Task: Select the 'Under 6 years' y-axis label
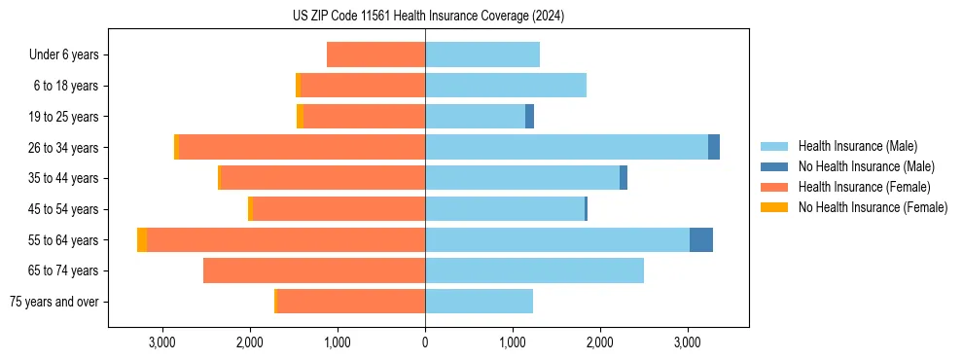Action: (x=64, y=55)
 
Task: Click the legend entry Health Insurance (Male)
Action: (x=857, y=146)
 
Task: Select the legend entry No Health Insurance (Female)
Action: (x=873, y=207)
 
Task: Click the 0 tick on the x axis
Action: (x=425, y=342)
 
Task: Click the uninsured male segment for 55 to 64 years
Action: (x=701, y=239)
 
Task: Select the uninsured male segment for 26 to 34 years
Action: (x=714, y=147)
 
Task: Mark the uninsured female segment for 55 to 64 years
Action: (x=142, y=239)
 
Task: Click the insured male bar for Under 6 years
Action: (x=482, y=54)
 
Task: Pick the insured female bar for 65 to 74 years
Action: (x=314, y=270)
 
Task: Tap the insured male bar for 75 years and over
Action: (x=479, y=302)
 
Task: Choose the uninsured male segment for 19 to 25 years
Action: (x=529, y=117)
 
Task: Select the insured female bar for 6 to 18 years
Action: (x=363, y=86)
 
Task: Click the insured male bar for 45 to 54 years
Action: (x=505, y=209)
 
